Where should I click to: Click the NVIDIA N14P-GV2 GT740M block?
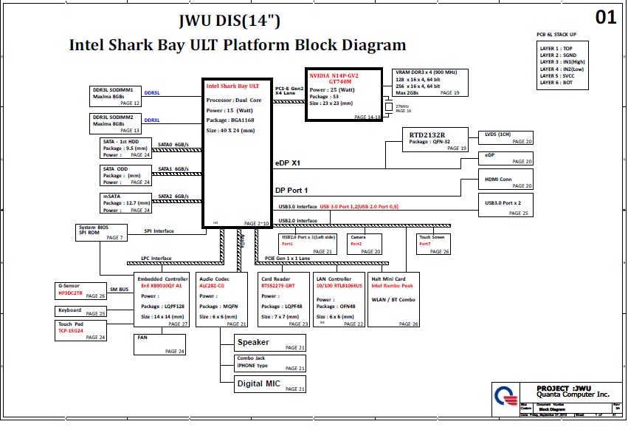click(x=343, y=95)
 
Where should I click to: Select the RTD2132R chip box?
click(x=437, y=140)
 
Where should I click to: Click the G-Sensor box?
click(x=81, y=290)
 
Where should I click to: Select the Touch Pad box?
click(x=81, y=330)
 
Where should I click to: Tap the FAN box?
click(x=159, y=344)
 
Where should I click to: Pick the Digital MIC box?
click(x=270, y=384)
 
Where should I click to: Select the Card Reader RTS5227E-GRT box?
click(x=284, y=300)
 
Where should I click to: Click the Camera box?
click(x=365, y=245)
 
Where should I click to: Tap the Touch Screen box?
click(x=433, y=245)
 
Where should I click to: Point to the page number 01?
click(x=605, y=18)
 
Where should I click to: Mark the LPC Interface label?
click(x=156, y=259)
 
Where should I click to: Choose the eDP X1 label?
click(x=287, y=162)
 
